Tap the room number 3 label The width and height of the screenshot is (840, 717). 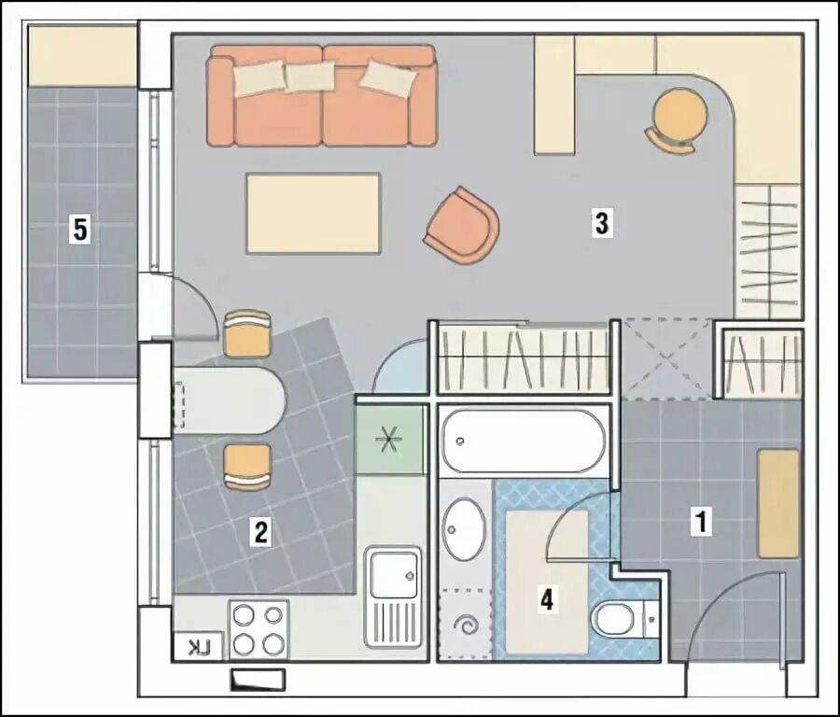602,223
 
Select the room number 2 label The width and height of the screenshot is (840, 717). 261,532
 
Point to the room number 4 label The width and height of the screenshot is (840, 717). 546,599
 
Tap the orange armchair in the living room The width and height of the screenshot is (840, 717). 462,225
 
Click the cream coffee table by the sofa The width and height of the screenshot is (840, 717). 314,213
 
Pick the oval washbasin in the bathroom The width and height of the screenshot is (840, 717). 464,529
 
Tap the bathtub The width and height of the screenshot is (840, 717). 523,441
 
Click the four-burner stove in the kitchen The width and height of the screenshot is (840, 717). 259,629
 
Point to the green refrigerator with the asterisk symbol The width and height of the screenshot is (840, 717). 389,440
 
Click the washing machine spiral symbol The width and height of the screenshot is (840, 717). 465,625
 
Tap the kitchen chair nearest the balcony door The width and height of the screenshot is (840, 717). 247,333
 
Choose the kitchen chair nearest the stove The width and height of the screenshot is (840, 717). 247,467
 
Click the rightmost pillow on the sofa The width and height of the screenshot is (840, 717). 388,78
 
